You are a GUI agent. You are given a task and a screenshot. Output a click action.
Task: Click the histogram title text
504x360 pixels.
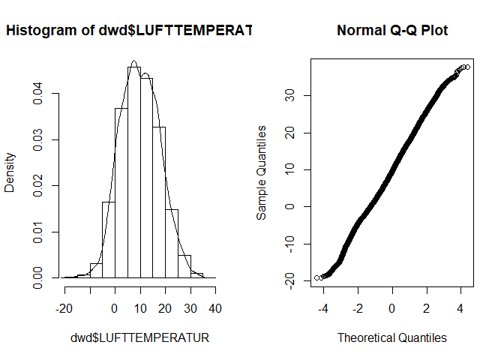(x=128, y=31)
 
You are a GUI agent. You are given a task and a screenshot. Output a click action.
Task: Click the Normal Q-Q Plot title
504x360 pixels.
(x=392, y=31)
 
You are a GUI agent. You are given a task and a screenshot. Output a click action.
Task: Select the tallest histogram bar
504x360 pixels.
(x=133, y=172)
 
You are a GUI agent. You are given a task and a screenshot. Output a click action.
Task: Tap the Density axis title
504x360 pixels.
(x=10, y=172)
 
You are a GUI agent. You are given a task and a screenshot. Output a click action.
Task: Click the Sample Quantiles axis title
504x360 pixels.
(x=262, y=172)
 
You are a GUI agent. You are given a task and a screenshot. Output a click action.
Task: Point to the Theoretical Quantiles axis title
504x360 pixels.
(x=392, y=337)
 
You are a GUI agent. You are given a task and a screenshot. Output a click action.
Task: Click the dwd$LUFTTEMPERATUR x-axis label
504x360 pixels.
(x=140, y=337)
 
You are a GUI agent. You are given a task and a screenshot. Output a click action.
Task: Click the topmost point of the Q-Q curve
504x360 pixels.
(x=467, y=67)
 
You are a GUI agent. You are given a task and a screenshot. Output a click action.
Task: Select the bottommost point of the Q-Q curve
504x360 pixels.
(x=317, y=278)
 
